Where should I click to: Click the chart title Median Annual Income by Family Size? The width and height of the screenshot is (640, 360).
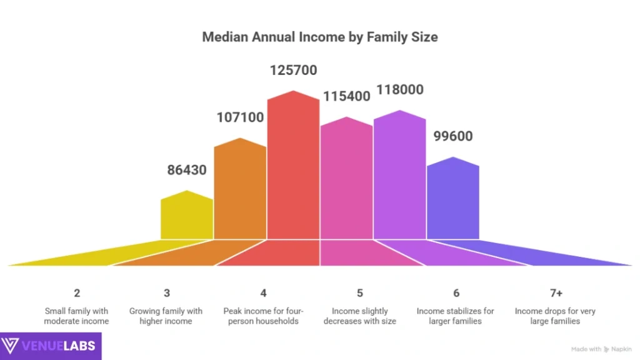coord(319,37)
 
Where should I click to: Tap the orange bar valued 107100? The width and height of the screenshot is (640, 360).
coord(240,191)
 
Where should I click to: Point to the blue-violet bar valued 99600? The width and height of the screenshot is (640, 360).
coord(452,200)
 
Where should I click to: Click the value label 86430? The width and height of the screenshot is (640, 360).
coord(187,169)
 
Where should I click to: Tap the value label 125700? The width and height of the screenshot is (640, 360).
coord(293,71)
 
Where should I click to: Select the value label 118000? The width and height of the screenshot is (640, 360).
coord(399,90)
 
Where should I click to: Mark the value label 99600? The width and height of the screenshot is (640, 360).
coord(452,136)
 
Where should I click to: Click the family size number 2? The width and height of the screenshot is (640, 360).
coord(76,293)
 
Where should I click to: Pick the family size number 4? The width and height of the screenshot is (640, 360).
coord(264,293)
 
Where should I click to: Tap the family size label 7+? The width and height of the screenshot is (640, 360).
coord(556,293)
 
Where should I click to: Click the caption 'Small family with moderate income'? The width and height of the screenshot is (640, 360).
coord(76,316)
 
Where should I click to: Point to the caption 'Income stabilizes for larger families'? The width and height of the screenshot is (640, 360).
coord(456,316)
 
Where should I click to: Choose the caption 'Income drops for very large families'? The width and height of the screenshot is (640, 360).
coord(556,316)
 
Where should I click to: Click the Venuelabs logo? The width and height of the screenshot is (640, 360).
coord(50,346)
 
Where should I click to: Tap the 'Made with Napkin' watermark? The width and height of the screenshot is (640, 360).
coord(601,349)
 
